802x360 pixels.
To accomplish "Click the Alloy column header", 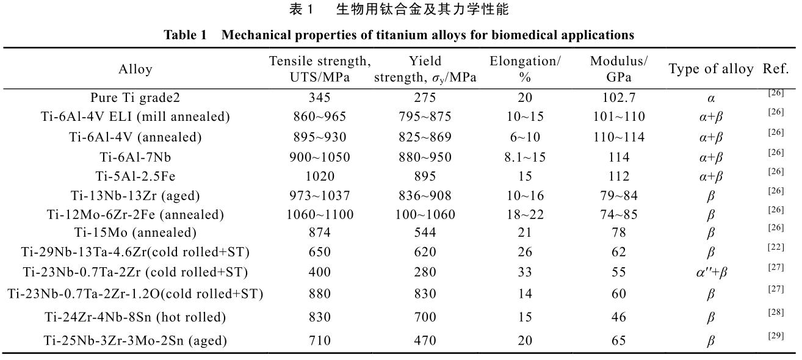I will tap(135, 70).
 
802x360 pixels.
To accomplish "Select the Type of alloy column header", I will tap(711, 69).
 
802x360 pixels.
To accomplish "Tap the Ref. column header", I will tap(776, 68).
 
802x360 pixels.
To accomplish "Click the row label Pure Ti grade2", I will tap(135, 98).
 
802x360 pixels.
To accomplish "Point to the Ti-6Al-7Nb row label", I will tap(135, 157).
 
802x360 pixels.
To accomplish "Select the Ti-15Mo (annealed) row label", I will tap(135, 232).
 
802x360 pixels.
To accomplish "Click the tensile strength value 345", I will tap(320, 98).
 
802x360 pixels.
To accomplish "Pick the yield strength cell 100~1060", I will tap(425, 215).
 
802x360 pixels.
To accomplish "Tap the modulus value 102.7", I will tap(619, 98).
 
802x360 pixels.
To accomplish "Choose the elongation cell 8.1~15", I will tap(526, 157).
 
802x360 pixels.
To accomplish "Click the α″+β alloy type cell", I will tap(710, 272).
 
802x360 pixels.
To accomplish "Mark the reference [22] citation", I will tap(776, 246).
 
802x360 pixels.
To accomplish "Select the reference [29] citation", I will tap(776, 336).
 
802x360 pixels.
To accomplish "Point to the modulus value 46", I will tap(619, 317).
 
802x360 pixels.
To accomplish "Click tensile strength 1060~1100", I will tap(320, 215).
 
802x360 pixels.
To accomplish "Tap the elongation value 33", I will tap(526, 272).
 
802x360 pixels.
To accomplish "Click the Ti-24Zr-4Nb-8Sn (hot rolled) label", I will tap(135, 317).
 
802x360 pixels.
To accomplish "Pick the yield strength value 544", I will tap(425, 232).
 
